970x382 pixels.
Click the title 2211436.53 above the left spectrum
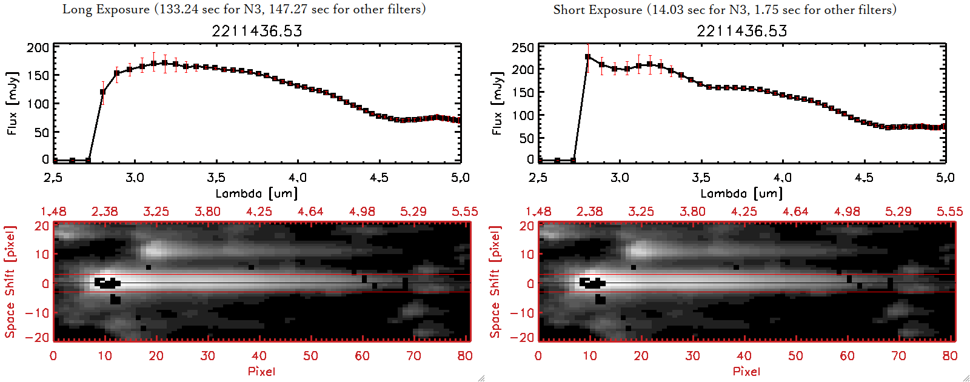[x=256, y=31]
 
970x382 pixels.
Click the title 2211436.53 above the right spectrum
[x=741, y=31]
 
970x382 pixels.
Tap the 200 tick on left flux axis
[x=38, y=48]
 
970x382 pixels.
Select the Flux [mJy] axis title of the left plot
[x=13, y=103]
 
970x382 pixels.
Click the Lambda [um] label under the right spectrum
[x=741, y=193]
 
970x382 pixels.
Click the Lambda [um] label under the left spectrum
[x=256, y=193]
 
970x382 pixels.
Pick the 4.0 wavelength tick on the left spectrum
[x=298, y=178]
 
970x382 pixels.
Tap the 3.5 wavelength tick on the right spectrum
[x=701, y=178]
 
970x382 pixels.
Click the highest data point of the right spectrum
[x=587, y=57]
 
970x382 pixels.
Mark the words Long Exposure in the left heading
[x=106, y=9]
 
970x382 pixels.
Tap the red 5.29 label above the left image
[x=413, y=212]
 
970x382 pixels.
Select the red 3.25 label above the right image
[x=641, y=212]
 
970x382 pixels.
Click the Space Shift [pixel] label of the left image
[x=10, y=282]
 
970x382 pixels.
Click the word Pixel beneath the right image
[x=746, y=371]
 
